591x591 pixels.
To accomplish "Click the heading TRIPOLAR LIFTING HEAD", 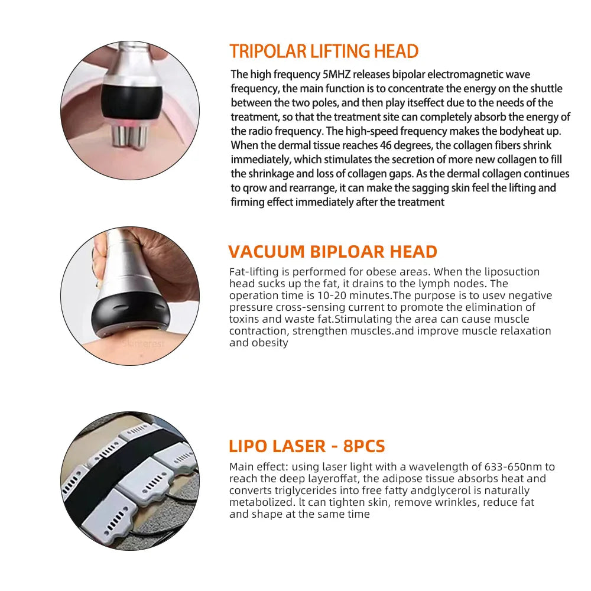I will pyautogui.click(x=324, y=51).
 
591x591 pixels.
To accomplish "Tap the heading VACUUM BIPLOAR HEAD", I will pyautogui.click(x=333, y=252).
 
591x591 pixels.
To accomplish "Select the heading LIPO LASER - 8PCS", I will pyautogui.click(x=307, y=446).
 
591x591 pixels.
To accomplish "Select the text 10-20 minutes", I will pyautogui.click(x=361, y=295).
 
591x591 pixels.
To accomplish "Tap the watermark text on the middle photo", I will pyautogui.click(x=144, y=343).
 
